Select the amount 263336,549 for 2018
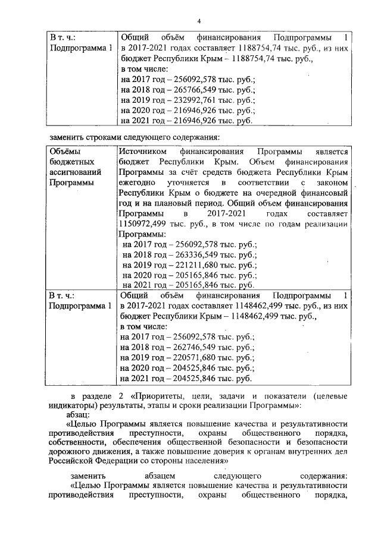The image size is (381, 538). [188, 254]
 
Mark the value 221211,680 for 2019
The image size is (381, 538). [188, 265]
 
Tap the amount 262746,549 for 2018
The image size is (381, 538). [186, 347]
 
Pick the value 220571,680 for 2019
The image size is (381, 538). [186, 358]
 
